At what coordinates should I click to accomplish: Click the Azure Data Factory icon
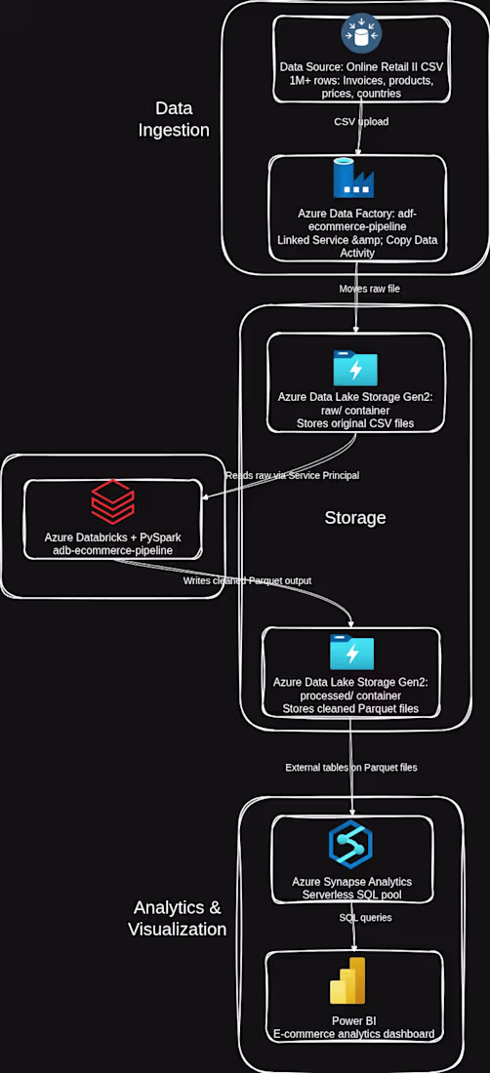point(353,178)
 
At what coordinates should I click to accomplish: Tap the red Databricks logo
point(113,501)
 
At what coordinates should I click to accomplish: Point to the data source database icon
point(361,33)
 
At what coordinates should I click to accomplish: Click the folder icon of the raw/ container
point(355,370)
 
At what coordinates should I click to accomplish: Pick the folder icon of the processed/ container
point(352,653)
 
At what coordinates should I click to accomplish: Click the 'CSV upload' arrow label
point(360,122)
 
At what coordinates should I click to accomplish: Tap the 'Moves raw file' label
point(370,289)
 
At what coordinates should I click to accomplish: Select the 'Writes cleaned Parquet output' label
point(247,580)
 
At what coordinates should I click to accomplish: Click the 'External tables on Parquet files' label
point(351,767)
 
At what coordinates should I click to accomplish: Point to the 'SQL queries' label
point(365,917)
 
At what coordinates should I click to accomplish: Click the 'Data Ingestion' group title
point(174,118)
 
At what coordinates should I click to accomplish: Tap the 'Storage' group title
point(355,518)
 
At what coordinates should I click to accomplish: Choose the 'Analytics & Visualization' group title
point(178,918)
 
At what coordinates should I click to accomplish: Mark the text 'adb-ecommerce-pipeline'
point(113,549)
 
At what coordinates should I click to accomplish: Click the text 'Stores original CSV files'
point(354,423)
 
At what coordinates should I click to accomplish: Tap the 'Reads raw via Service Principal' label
point(292,475)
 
